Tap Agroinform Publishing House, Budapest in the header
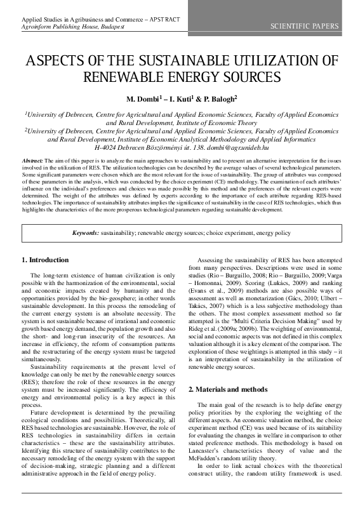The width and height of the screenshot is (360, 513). (x=72, y=28)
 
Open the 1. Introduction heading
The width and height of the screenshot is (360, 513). (x=45, y=260)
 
